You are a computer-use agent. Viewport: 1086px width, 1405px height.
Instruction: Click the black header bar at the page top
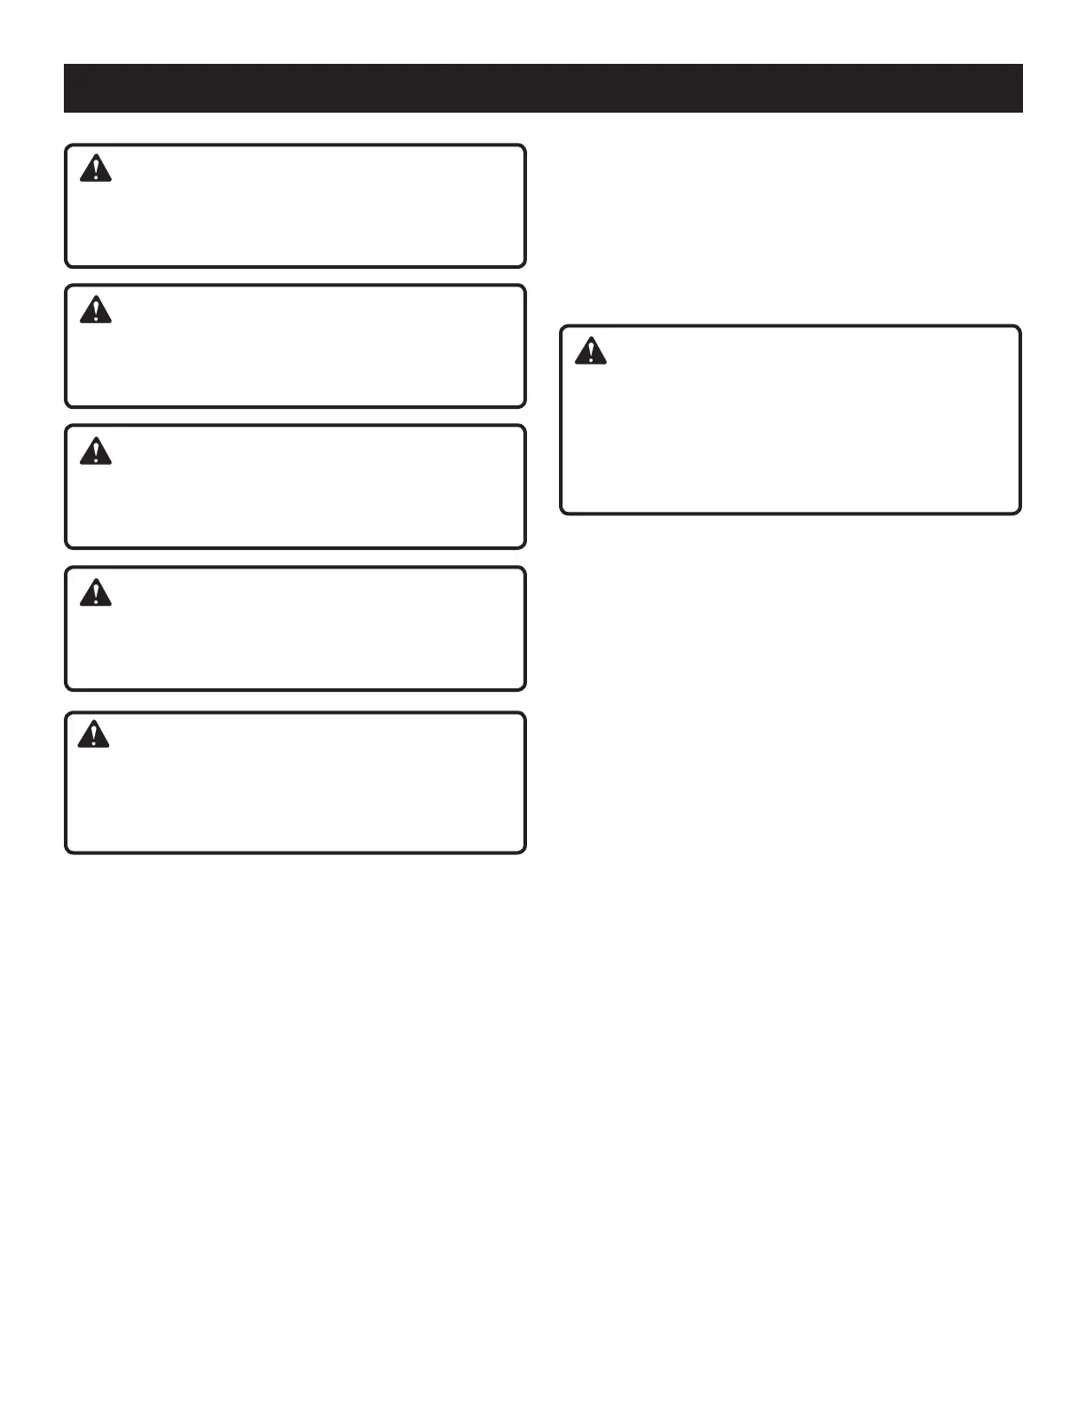tap(543, 88)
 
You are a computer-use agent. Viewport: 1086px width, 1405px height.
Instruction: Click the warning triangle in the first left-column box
tap(96, 169)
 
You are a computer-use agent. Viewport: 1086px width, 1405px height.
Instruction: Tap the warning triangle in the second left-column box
tap(96, 310)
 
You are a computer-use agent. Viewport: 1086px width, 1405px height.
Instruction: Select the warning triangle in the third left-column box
tap(96, 451)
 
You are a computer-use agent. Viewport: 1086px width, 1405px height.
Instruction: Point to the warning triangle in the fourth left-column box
tap(96, 592)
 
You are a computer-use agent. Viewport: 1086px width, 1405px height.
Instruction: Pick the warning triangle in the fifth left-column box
tap(94, 734)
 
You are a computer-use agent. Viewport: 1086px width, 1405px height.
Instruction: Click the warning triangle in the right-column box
tap(591, 351)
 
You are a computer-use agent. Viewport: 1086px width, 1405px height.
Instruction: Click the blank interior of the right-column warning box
tap(790, 435)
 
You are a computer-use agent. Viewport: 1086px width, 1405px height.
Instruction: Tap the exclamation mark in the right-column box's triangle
tap(591, 353)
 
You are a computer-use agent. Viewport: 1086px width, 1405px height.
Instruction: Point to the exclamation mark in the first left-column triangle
tap(96, 170)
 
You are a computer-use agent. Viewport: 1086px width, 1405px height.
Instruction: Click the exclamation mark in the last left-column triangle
tap(94, 736)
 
